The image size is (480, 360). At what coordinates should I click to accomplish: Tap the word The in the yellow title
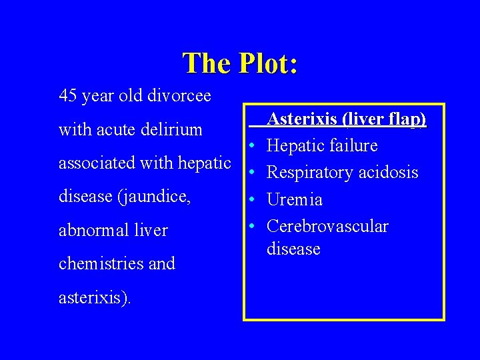205,63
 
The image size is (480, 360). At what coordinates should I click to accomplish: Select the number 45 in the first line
68,96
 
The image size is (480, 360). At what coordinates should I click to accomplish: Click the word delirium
171,129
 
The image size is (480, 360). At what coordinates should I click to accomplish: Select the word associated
93,163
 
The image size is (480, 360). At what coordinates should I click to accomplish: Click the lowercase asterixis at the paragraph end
94,298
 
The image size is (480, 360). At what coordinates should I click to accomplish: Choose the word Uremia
295,199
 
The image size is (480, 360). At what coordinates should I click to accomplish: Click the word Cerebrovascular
327,226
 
